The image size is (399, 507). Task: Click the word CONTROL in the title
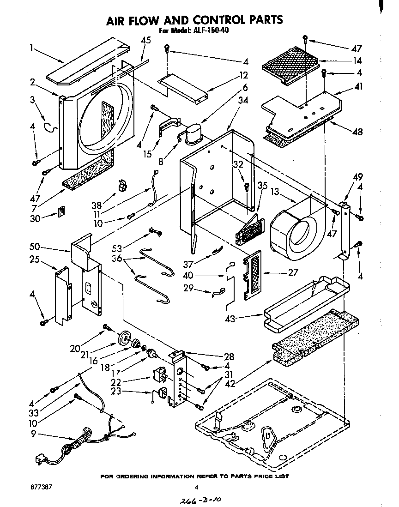(217, 20)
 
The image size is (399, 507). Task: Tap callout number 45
(145, 40)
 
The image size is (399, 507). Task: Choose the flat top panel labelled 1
(88, 64)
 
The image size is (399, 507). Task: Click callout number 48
(357, 132)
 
